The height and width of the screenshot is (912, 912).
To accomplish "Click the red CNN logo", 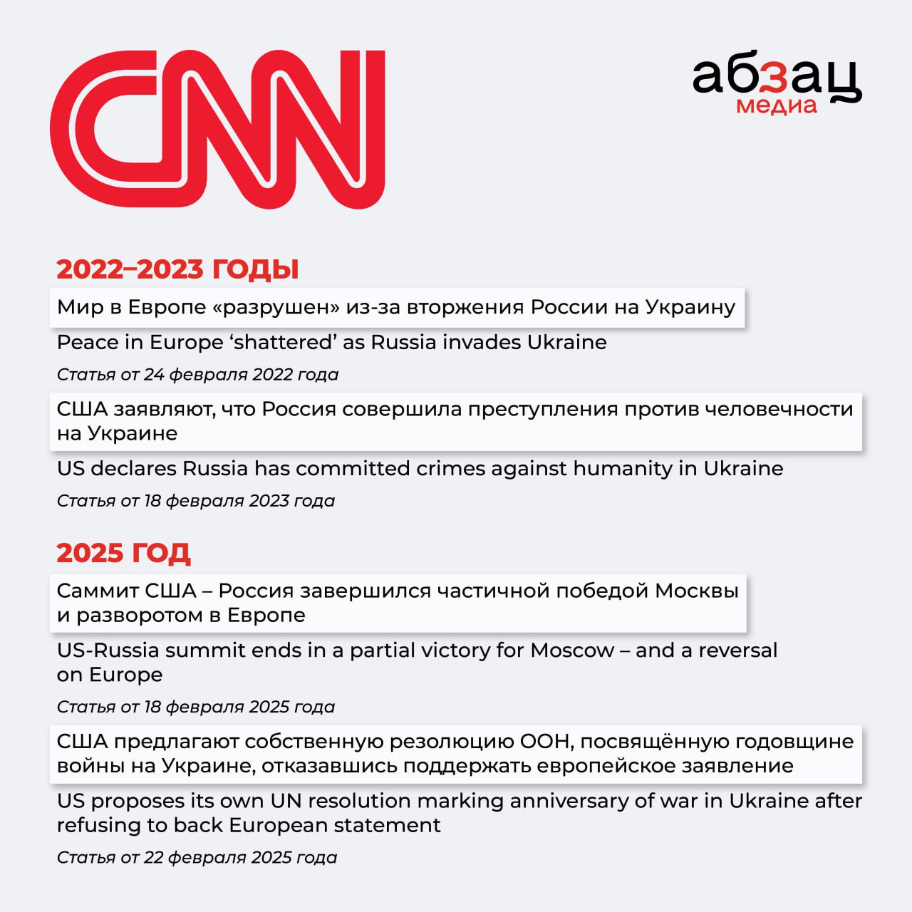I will (217, 130).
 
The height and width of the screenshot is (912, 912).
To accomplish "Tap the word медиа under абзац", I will (776, 106).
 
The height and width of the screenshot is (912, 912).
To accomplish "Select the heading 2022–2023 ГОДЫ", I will (177, 269).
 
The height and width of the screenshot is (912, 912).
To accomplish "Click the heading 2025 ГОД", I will (123, 553).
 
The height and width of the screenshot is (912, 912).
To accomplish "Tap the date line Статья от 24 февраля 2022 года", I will (197, 375).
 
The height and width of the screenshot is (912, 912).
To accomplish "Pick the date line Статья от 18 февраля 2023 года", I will (195, 501).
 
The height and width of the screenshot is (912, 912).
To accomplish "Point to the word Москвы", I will (696, 591).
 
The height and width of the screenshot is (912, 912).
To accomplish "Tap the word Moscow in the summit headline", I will (572, 651).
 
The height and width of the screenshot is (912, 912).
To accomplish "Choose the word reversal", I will (737, 651).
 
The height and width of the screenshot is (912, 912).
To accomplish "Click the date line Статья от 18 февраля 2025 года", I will (195, 707).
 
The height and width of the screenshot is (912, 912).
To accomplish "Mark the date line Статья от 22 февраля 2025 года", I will (197, 857).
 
